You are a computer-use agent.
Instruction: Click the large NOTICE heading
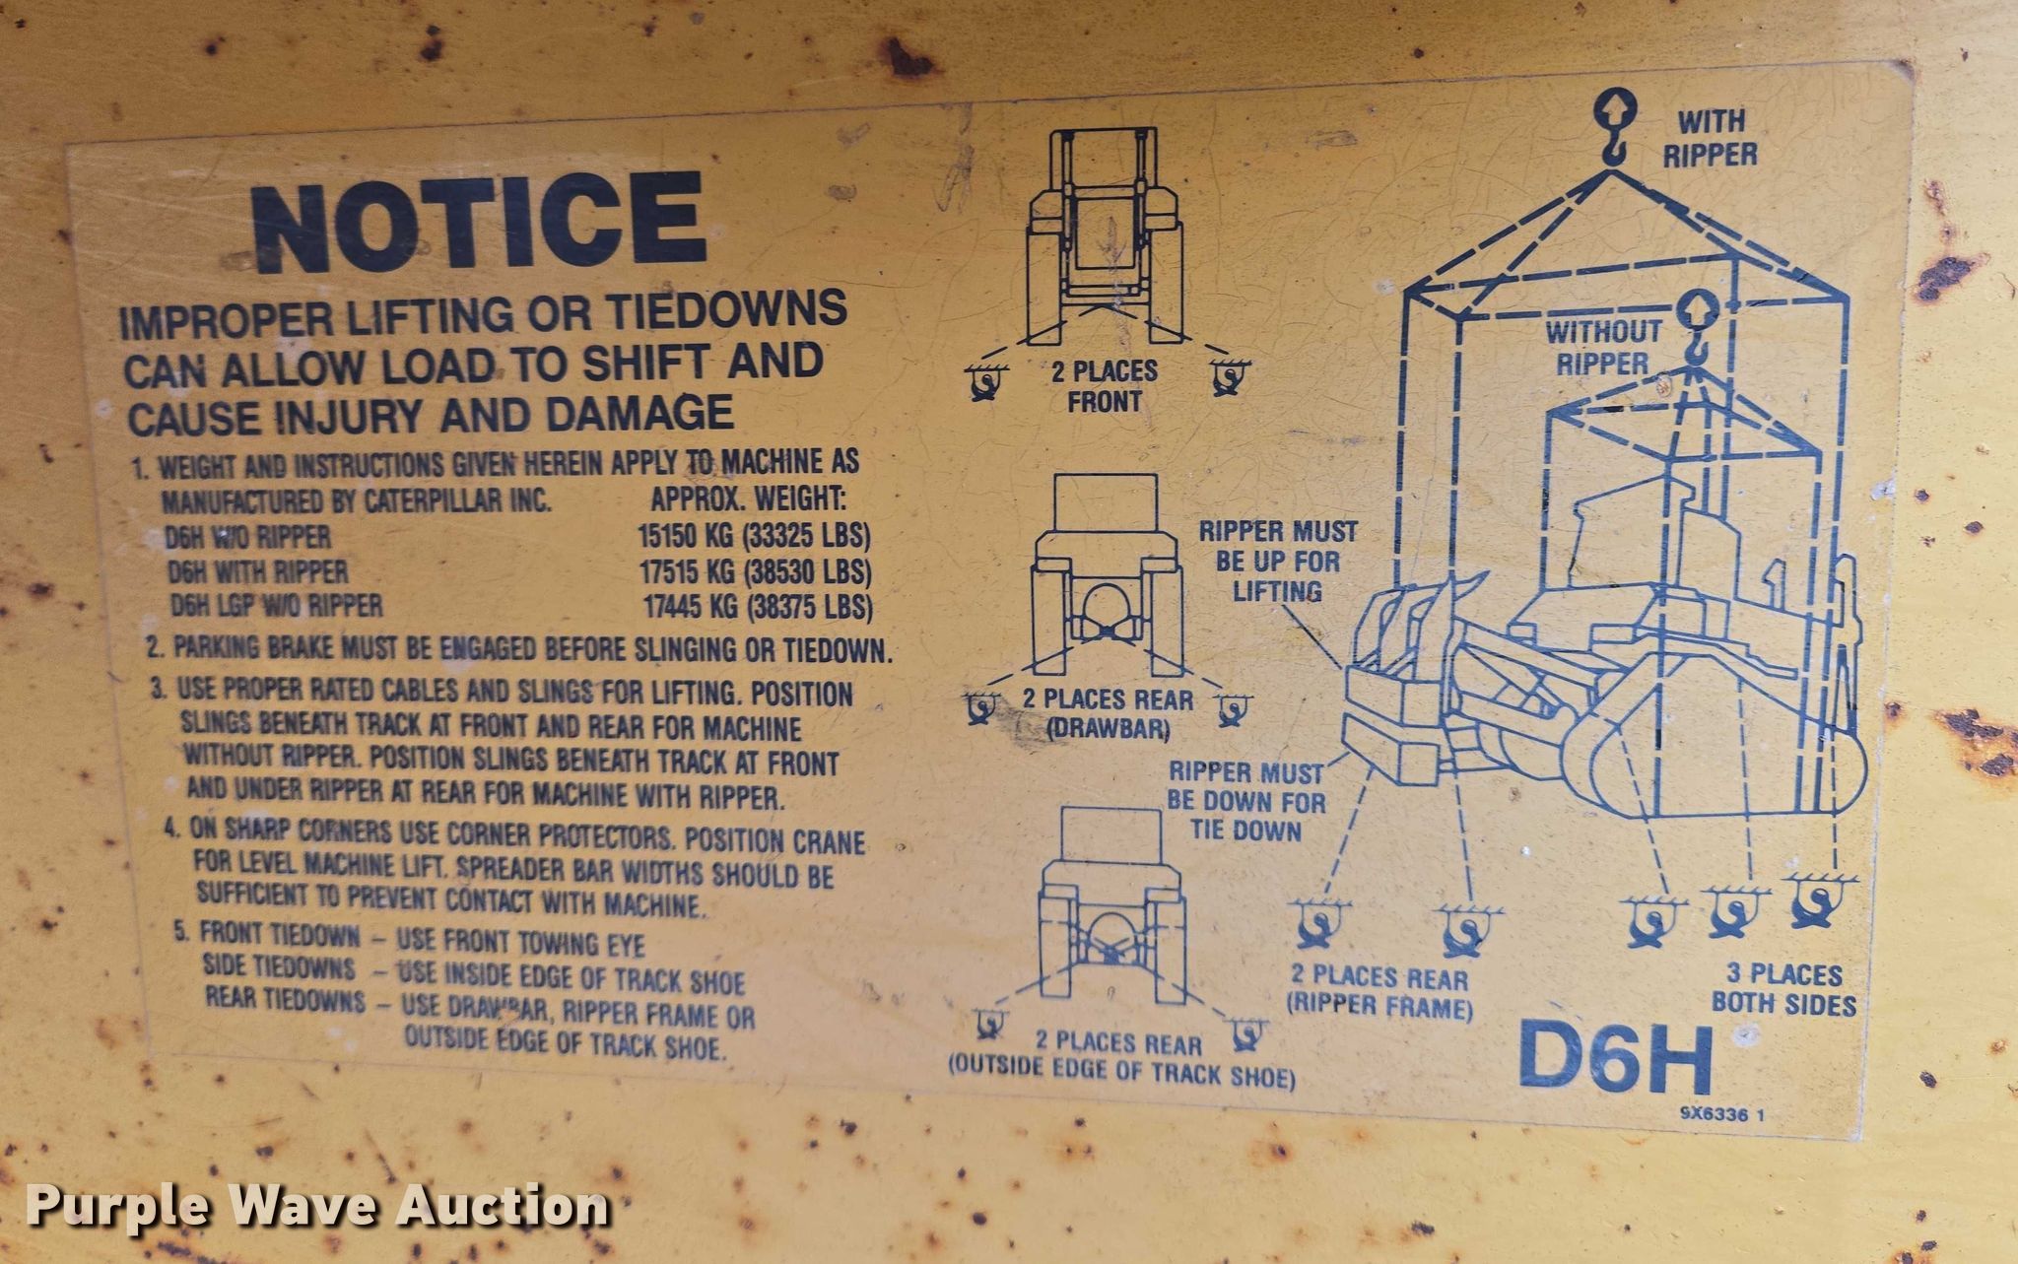479,223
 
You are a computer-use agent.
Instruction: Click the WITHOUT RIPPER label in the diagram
1603,347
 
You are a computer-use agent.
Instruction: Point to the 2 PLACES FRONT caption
1105,386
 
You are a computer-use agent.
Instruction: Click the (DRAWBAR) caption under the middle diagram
1107,730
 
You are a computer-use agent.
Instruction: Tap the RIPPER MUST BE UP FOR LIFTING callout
1278,562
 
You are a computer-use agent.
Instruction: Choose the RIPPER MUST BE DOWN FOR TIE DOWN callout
1247,801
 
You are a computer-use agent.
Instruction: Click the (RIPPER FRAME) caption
1379,1008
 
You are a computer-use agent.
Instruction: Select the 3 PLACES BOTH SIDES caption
1784,989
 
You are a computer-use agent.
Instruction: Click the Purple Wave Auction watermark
317,1207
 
